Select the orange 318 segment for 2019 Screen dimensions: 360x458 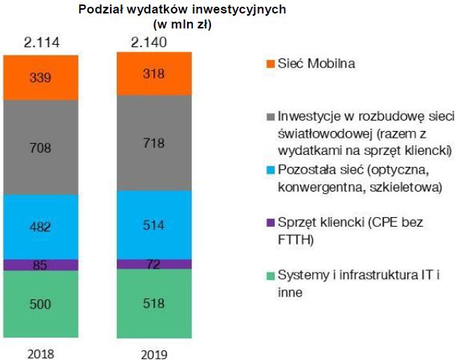coord(153,73)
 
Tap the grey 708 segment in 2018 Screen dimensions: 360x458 coord(40,147)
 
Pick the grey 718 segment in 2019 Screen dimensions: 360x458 coord(153,144)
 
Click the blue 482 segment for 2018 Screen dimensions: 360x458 coord(40,226)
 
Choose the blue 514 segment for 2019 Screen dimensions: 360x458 coord(153,225)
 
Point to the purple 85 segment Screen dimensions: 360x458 coord(40,264)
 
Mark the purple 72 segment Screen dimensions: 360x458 coord(153,264)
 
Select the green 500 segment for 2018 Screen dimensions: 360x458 coord(40,304)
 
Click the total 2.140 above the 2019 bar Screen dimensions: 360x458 coord(153,41)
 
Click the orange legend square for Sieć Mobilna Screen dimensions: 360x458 coord(270,64)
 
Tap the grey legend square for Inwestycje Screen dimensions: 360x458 coord(270,118)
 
